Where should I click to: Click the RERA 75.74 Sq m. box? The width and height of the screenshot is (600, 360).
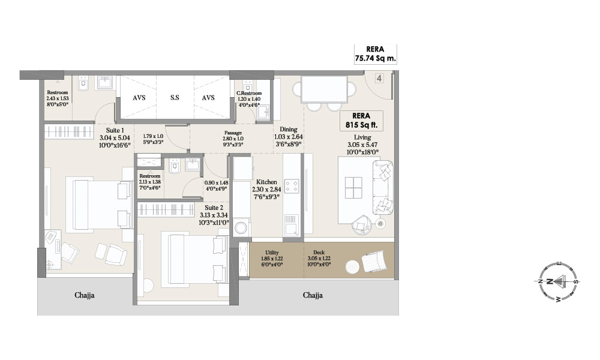(x=375, y=54)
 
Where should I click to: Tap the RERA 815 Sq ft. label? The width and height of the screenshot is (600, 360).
(x=360, y=121)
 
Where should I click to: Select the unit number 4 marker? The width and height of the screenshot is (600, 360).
(x=379, y=78)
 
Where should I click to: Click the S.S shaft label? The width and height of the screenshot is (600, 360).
(x=174, y=97)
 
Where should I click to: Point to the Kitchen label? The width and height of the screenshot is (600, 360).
(x=266, y=181)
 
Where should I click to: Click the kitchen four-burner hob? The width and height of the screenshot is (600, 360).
(x=292, y=186)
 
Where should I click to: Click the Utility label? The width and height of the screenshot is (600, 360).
(x=265, y=253)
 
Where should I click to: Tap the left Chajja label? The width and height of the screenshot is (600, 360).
(x=85, y=295)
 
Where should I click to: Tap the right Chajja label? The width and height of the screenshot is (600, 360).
(x=313, y=295)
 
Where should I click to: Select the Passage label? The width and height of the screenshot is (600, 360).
(x=233, y=133)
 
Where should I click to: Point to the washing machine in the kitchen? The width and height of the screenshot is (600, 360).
(x=242, y=228)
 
